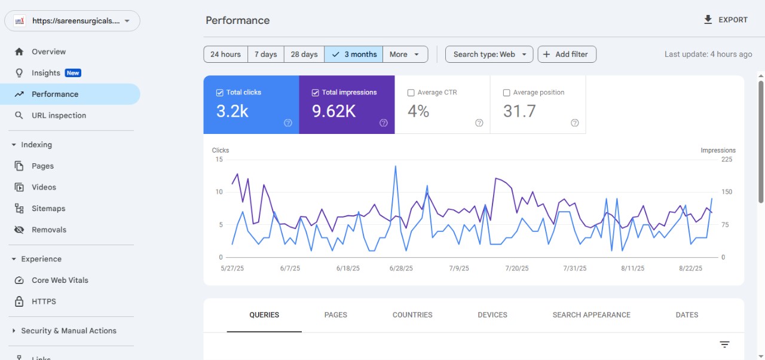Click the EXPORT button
tap(726, 20)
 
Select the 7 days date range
tap(265, 54)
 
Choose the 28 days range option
tap(304, 54)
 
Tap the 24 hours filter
tap(225, 54)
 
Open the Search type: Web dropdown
tap(489, 54)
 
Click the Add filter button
tap(567, 54)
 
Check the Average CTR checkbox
tap(411, 93)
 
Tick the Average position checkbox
tap(506, 93)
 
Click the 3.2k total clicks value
tap(232, 111)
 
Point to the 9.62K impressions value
tap(333, 111)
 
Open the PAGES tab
tap(335, 315)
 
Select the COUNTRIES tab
tap(412, 315)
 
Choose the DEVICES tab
tap(492, 315)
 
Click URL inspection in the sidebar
tap(59, 115)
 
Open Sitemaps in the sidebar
tap(48, 209)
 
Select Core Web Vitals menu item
tap(60, 280)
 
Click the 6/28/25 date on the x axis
tap(400, 269)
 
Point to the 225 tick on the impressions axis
tap(727, 160)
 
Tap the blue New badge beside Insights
tap(73, 73)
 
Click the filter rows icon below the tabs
tap(724, 344)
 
